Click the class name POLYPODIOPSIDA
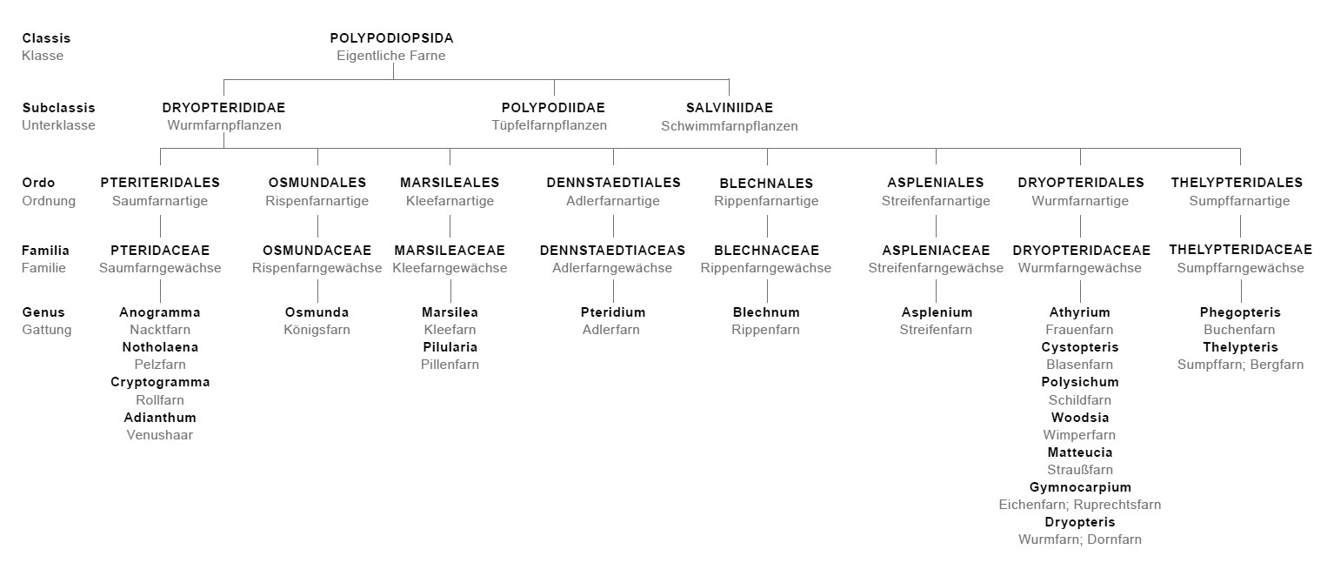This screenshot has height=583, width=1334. click(392, 38)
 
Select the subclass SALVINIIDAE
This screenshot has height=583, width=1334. click(730, 108)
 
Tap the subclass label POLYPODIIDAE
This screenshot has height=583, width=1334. click(553, 108)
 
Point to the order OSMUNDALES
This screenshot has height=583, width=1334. click(317, 183)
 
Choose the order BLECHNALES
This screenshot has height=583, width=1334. click(766, 183)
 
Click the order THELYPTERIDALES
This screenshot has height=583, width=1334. click(1237, 183)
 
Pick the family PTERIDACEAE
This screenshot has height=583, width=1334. click(160, 251)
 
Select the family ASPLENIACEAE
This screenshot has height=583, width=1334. click(937, 251)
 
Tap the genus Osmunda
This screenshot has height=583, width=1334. click(317, 312)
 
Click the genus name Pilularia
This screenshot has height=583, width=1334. click(450, 347)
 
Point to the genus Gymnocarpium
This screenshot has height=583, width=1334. click(1080, 487)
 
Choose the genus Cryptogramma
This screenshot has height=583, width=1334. click(160, 382)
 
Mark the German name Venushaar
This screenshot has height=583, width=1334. click(160, 435)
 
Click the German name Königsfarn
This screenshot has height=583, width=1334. click(317, 330)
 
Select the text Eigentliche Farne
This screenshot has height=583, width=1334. click(391, 56)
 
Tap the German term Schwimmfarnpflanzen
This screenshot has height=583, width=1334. click(730, 126)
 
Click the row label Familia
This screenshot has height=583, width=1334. click(45, 251)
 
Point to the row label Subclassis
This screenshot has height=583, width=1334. click(58, 108)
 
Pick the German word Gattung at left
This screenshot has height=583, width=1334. click(46, 330)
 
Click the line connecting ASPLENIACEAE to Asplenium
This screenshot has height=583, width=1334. click(937, 291)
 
